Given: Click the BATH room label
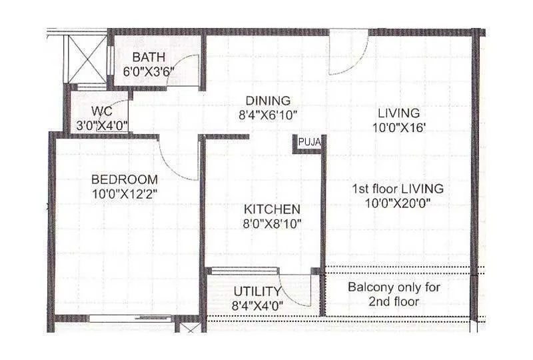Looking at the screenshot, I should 149,57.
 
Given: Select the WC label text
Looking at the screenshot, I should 101,109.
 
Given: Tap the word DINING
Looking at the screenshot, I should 266,101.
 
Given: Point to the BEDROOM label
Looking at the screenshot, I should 125,179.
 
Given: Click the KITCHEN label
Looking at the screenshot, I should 271,209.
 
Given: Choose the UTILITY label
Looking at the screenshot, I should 257,291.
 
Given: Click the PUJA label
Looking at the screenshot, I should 310,142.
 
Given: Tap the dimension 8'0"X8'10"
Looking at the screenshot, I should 272,224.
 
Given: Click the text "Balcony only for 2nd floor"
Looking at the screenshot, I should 398,294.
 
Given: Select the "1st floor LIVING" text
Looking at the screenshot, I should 398,189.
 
